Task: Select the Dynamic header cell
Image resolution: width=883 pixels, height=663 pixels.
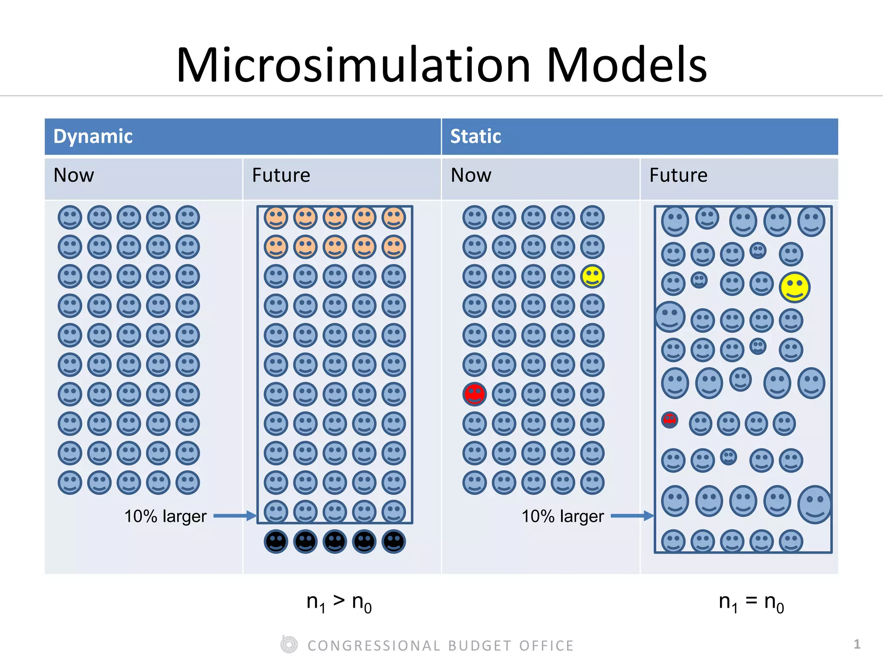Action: pos(243,136)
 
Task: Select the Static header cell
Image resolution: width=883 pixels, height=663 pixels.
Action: pos(640,136)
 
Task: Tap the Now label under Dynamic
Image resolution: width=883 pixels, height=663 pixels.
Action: pos(74,175)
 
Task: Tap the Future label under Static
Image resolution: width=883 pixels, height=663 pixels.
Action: pos(678,175)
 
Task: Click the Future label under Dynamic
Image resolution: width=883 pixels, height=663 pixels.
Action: pos(281,175)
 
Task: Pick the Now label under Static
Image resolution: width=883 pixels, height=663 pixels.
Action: pos(471,175)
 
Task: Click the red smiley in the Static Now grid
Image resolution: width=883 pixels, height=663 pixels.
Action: pos(474,394)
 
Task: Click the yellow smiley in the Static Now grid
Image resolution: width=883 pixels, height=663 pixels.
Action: pos(592,276)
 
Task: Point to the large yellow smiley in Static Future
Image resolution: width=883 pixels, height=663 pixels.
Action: pos(795,287)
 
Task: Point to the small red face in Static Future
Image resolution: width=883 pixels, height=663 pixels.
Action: pos(670,420)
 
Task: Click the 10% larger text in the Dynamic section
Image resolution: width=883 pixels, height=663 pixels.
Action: pos(166,516)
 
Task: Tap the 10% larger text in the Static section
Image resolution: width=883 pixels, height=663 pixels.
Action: pos(563,516)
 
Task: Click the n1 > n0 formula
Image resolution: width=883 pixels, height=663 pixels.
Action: pos(339,602)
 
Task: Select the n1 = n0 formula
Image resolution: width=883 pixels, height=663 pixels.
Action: pos(751,602)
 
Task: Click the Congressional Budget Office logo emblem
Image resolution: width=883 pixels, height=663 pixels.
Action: pos(289,645)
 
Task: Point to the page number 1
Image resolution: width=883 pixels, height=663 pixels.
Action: pos(857,644)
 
